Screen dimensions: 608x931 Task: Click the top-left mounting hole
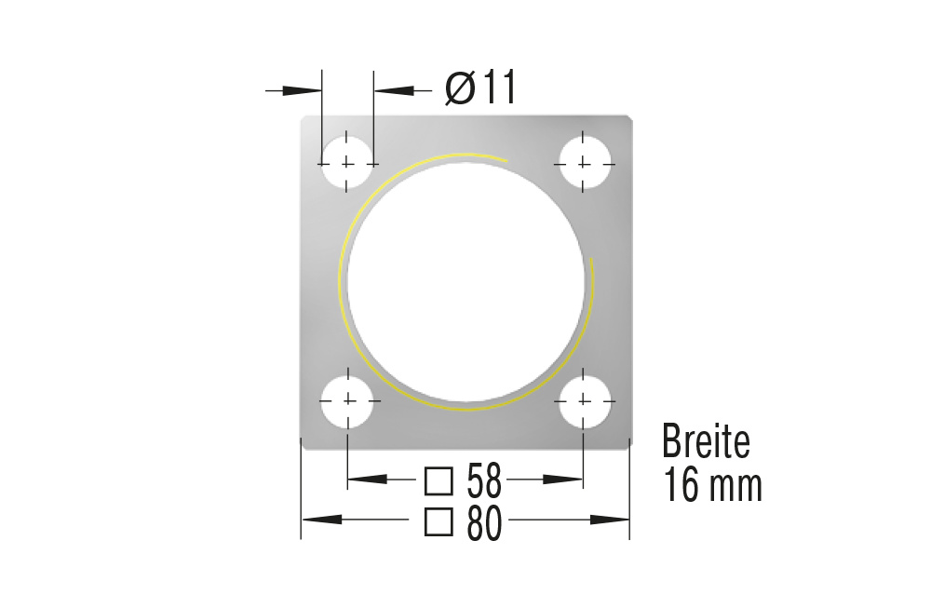pos(346,163)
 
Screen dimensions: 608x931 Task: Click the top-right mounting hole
pos(583,163)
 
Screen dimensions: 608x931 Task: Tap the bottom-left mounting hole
pos(347,400)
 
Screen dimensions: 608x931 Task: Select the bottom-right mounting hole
pos(583,400)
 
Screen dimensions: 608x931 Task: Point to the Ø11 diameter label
pos(479,88)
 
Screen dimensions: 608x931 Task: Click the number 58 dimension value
pos(484,480)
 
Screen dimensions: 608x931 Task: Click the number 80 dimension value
pos(484,523)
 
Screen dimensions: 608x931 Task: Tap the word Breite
pos(706,441)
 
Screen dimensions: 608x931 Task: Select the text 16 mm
pos(713,485)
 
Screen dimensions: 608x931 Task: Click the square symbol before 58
pos(438,480)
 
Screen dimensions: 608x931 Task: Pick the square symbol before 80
pos(438,522)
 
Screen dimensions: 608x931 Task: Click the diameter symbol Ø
pos(459,88)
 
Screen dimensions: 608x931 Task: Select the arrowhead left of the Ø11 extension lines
pos(302,89)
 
